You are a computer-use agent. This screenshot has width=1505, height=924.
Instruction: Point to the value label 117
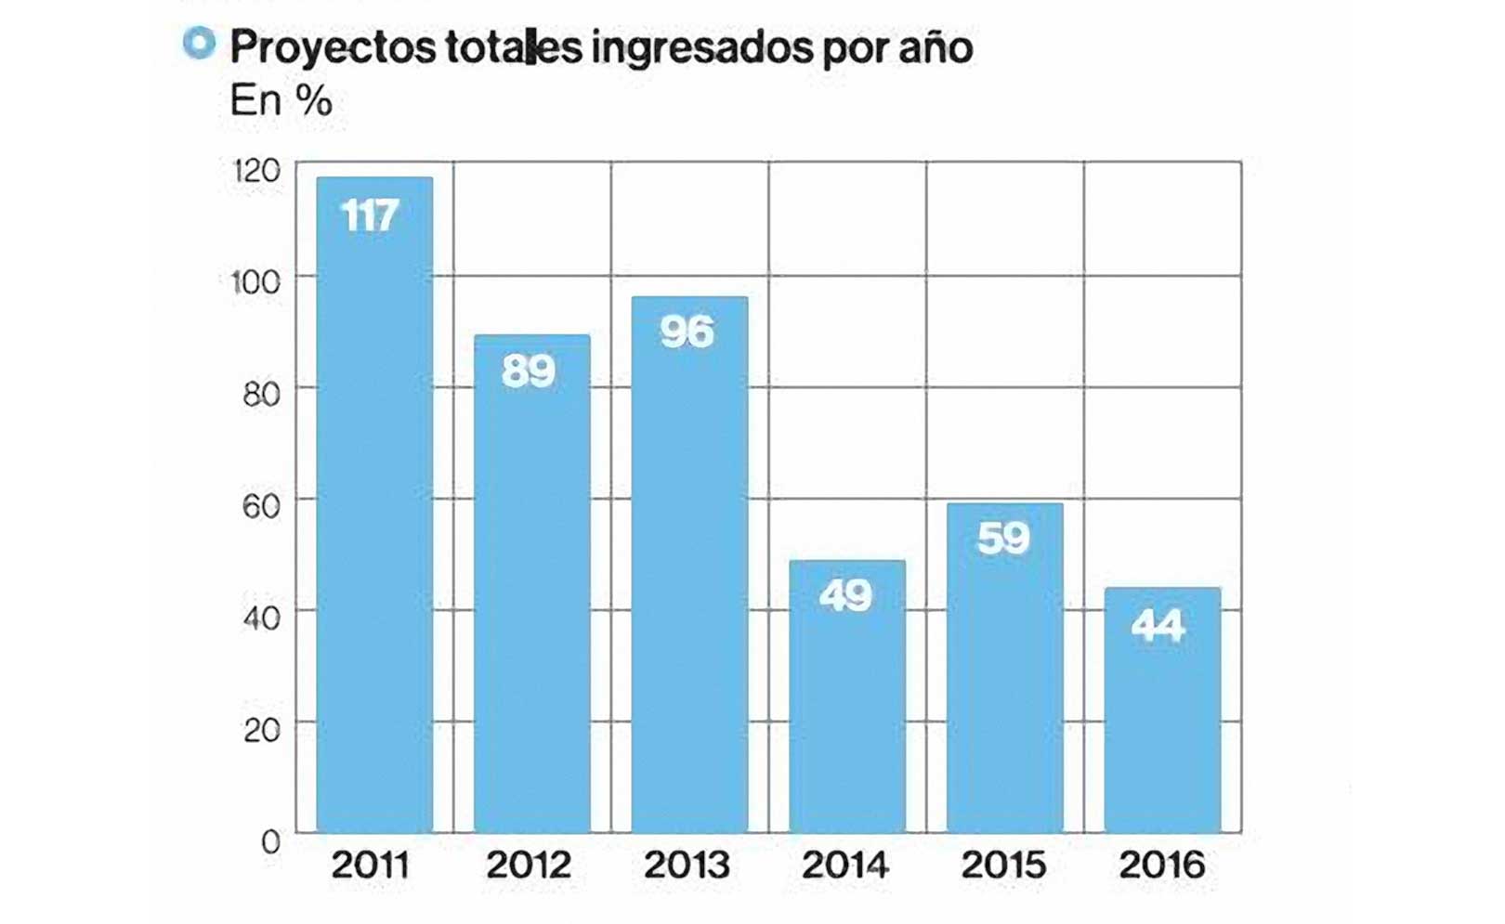click(x=370, y=216)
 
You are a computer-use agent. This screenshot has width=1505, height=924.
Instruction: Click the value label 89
click(x=529, y=371)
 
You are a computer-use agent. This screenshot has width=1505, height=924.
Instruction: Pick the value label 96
click(x=687, y=332)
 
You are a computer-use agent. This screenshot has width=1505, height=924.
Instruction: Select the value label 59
click(x=1003, y=539)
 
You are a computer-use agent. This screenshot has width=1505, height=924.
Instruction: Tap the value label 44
click(x=1158, y=626)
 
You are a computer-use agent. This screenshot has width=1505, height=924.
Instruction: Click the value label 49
click(x=845, y=595)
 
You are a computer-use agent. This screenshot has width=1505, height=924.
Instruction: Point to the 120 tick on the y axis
click(x=256, y=171)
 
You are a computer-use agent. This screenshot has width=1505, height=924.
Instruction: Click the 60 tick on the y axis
click(x=261, y=506)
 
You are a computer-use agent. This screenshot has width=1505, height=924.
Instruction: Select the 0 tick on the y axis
click(x=270, y=842)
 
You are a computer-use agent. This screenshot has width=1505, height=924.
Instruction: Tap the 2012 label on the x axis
click(x=529, y=865)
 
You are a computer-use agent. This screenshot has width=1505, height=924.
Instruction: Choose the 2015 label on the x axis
click(x=1003, y=865)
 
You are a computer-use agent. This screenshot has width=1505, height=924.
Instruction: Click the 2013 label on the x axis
click(x=687, y=865)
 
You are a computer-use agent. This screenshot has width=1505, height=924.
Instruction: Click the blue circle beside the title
click(x=199, y=43)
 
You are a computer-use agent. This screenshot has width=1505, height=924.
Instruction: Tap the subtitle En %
click(x=281, y=101)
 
